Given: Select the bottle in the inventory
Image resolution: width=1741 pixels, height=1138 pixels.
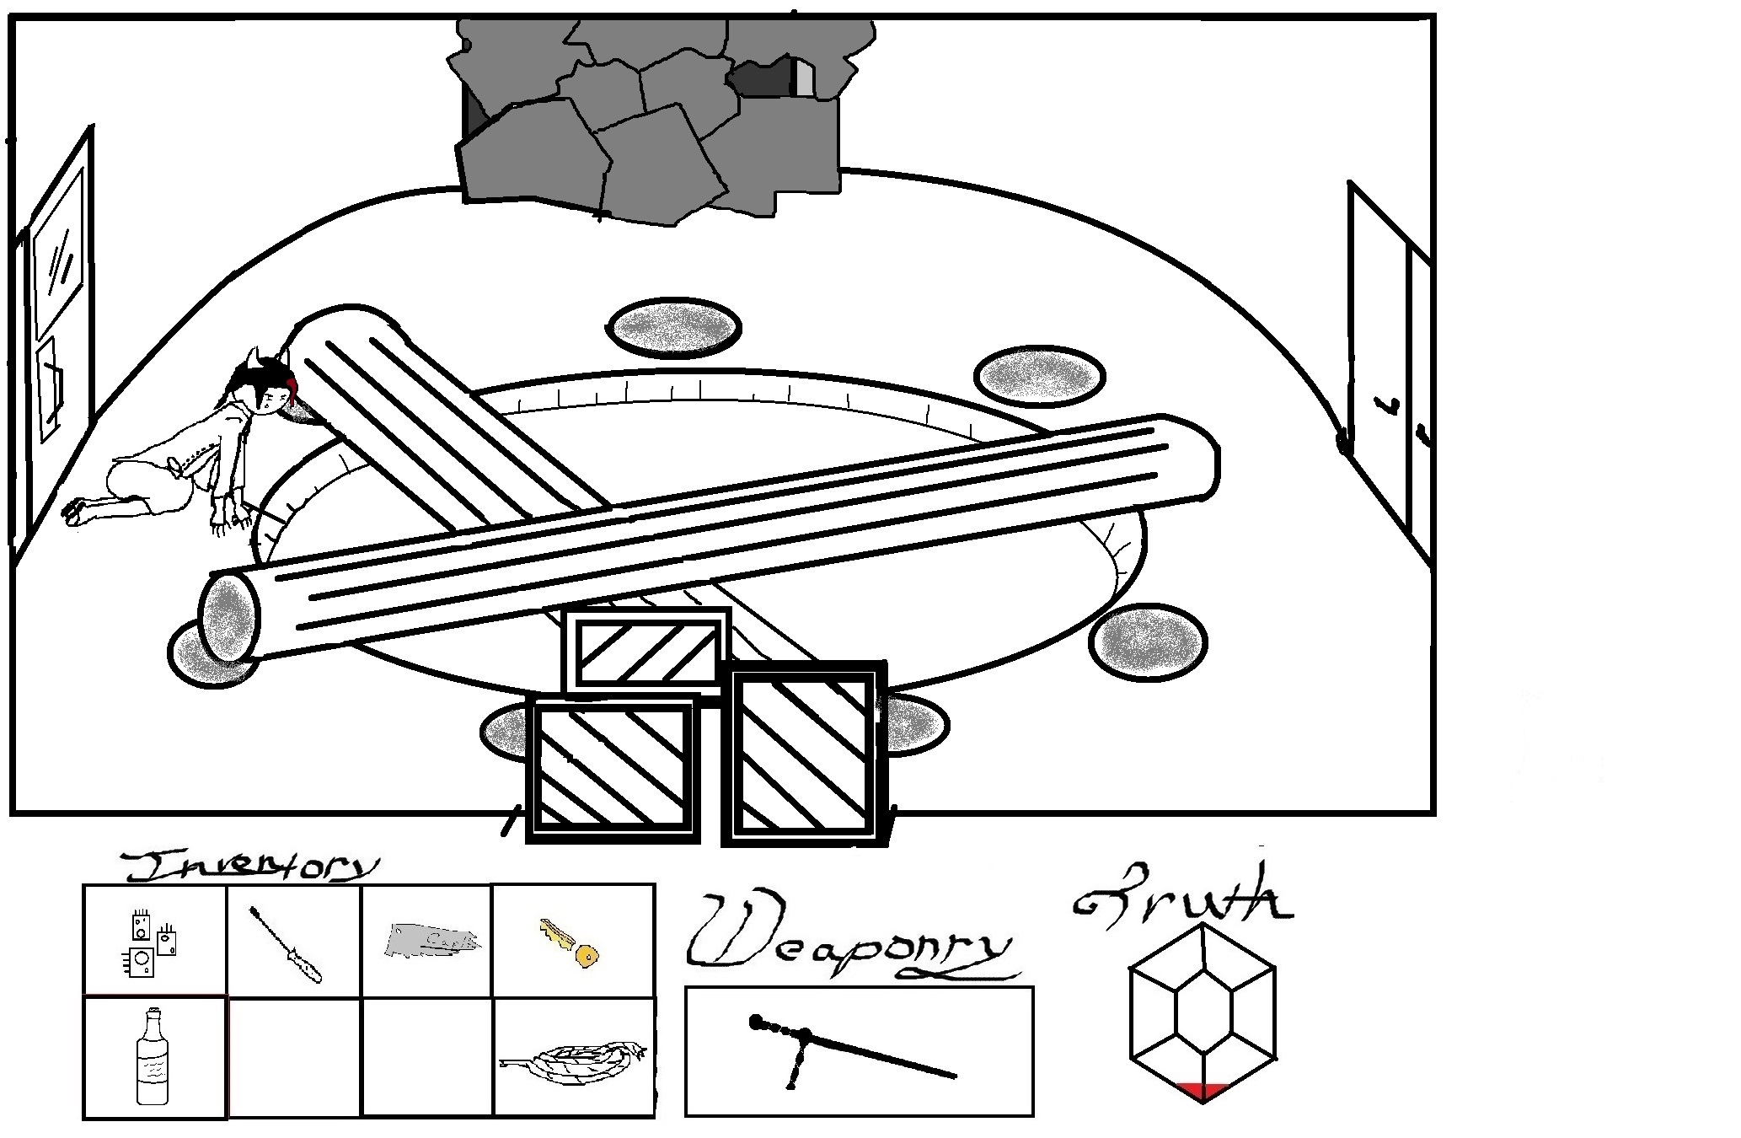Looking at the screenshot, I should point(153,1058).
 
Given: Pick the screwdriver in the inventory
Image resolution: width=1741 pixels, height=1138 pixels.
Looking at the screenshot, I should point(286,945).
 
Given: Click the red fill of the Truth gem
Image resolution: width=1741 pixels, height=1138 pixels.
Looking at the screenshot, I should point(1202,1091).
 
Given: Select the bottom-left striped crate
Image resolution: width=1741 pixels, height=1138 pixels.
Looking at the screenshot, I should point(613,768).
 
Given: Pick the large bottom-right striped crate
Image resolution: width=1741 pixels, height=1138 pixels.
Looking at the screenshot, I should point(806,752).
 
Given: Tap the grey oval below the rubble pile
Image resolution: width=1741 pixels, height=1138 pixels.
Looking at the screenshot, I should point(673,328).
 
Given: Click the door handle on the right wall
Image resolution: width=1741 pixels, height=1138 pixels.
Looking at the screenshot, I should point(1344,440).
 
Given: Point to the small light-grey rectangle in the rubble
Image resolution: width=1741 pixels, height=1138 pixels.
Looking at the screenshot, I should point(805,78).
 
